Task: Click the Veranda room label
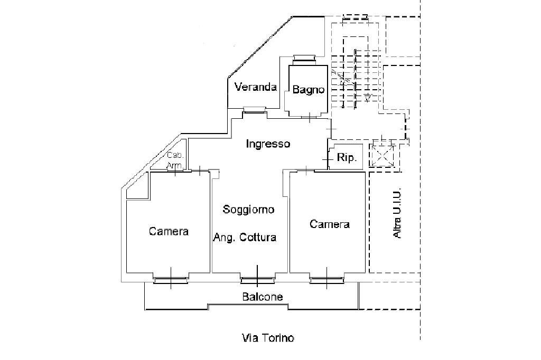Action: [x=256, y=87]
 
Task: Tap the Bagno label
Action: [x=308, y=90]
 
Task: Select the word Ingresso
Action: [x=268, y=144]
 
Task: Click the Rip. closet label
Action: [x=347, y=157]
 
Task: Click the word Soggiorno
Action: [x=248, y=210]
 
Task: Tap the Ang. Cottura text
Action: [x=245, y=238]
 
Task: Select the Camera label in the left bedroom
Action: [x=169, y=231]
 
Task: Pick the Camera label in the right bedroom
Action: [x=329, y=224]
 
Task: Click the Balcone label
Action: [x=263, y=297]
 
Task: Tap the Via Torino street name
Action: [x=267, y=338]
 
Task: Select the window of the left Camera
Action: [x=170, y=280]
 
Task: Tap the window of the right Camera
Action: [x=326, y=280]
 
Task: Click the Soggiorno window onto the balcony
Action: [x=257, y=280]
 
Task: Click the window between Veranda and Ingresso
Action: [x=254, y=111]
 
